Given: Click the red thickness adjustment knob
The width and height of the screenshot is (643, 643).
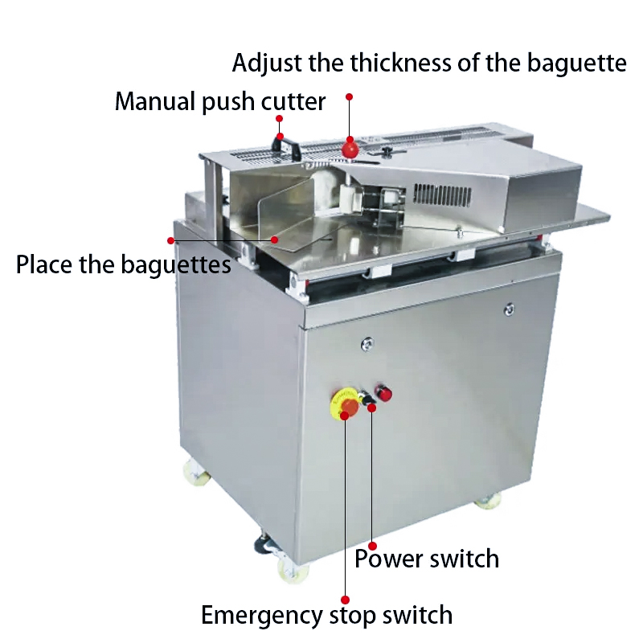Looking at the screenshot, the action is [350, 149].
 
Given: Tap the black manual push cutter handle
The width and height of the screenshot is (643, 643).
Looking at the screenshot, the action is [287, 147].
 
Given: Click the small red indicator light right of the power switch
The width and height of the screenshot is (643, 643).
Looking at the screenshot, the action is [384, 393].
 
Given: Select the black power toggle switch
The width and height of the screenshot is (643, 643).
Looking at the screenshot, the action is [367, 398].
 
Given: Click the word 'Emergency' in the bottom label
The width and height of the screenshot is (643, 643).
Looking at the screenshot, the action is [262, 615].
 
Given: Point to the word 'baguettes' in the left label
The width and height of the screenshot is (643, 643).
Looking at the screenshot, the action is [176, 264].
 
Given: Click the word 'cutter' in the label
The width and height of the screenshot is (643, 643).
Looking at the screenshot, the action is [293, 102].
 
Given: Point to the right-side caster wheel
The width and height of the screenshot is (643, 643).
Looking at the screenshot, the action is [488, 501].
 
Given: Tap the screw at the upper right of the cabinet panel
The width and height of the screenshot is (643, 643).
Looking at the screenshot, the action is [509, 309].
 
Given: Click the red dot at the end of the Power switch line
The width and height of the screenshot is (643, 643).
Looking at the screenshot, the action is [372, 546].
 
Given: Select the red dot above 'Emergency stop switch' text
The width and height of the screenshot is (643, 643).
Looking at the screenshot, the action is [346, 600].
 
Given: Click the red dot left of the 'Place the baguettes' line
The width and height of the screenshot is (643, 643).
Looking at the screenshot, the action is [171, 240].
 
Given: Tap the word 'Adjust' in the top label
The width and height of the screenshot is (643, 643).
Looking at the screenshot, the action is [268, 63].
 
